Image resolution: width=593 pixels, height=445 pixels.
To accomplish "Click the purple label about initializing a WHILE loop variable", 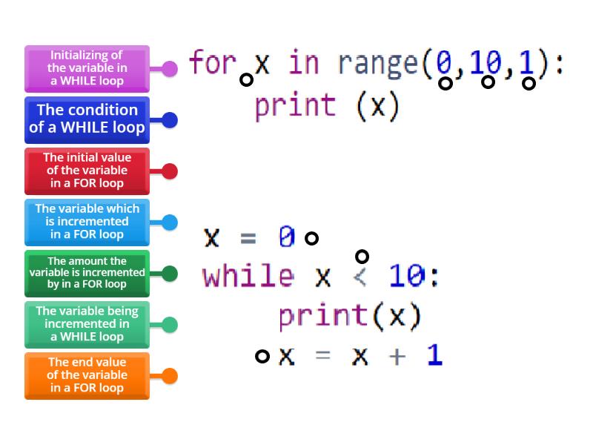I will [x=87, y=68].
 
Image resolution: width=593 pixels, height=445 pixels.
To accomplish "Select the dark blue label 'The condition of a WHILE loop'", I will [x=87, y=119].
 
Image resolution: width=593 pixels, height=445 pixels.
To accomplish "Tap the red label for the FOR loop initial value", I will [x=87, y=171].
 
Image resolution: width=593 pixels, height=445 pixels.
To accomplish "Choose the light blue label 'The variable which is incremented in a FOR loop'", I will [x=87, y=222].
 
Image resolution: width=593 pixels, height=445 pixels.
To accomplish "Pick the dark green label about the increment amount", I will [x=87, y=273].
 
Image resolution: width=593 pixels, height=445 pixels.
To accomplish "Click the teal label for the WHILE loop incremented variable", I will [x=87, y=324].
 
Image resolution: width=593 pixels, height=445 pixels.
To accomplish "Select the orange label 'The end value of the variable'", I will [x=87, y=375].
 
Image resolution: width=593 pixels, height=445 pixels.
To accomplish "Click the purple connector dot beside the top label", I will [x=170, y=69].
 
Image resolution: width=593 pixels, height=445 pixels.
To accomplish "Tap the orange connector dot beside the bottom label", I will [x=170, y=376].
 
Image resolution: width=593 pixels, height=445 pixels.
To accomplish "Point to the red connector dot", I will [x=170, y=171].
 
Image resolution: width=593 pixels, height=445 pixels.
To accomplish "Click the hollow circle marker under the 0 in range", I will [x=445, y=83].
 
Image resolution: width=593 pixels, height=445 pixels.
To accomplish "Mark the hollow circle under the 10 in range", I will [x=488, y=82].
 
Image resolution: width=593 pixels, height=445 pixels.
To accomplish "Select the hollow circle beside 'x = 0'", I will [x=312, y=238].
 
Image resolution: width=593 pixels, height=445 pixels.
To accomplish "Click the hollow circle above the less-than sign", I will [x=362, y=257].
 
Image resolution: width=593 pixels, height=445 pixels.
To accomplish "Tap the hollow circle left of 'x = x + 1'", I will [x=262, y=356].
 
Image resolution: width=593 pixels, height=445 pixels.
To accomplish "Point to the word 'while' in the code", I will [x=248, y=276].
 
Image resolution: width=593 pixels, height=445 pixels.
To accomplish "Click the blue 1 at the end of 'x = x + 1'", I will [x=434, y=355].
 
